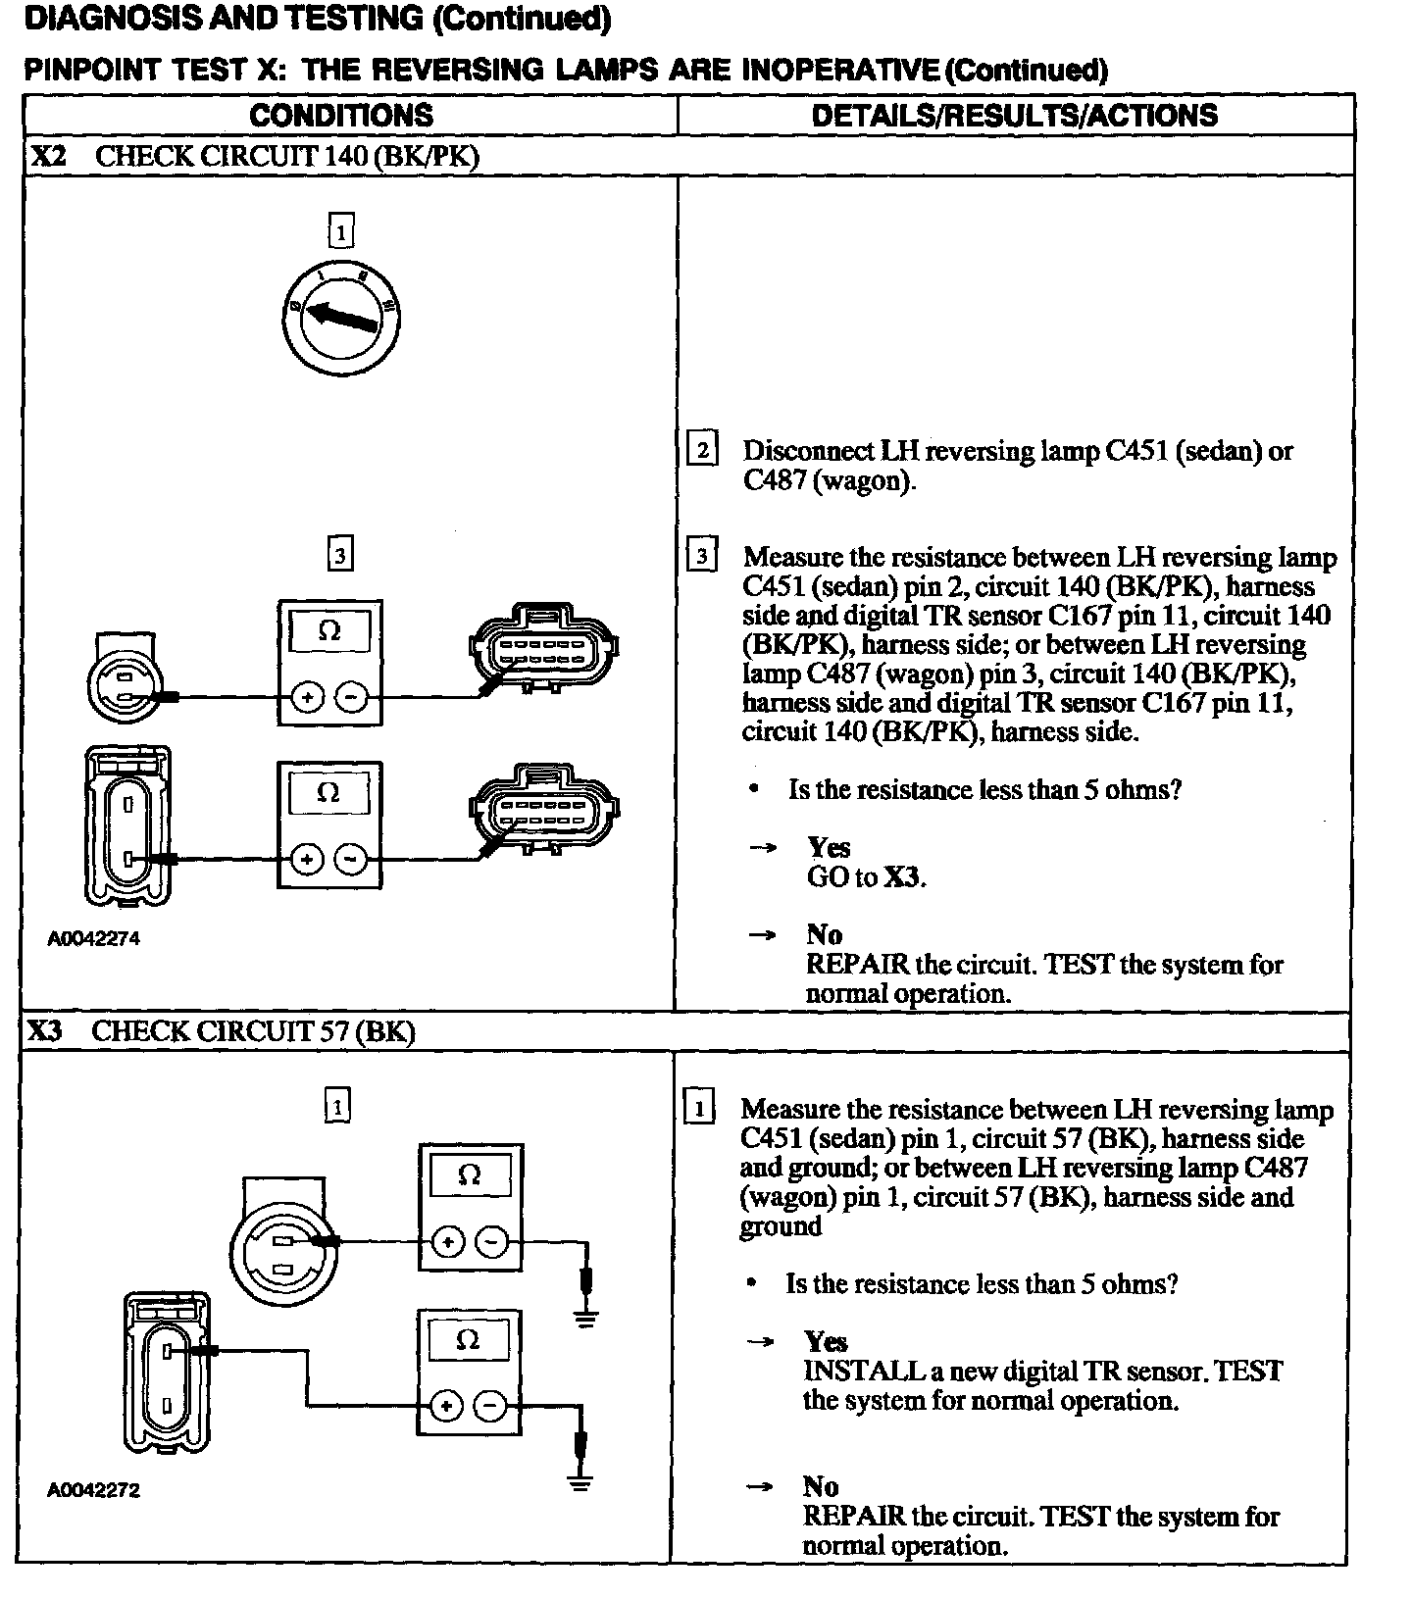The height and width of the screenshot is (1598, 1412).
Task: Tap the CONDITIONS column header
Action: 340,116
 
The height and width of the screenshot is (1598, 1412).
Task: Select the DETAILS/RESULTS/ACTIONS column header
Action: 1014,116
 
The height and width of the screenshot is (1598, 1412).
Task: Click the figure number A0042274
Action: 93,938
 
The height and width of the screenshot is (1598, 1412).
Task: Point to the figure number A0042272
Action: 93,1490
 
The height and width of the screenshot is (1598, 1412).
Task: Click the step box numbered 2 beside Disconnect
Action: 701,450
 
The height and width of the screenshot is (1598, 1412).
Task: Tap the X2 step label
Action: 49,157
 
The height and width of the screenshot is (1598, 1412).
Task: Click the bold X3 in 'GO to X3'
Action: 902,876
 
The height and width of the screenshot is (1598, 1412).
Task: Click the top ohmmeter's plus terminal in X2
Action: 307,697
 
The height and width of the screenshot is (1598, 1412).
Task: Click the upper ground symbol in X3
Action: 586,1318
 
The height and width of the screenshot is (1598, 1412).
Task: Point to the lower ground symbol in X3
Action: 580,1481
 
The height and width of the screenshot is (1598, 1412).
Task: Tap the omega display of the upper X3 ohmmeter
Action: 469,1175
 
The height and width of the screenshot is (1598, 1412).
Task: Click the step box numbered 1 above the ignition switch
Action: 340,231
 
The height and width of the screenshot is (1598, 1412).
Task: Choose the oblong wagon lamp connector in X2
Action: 127,826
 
